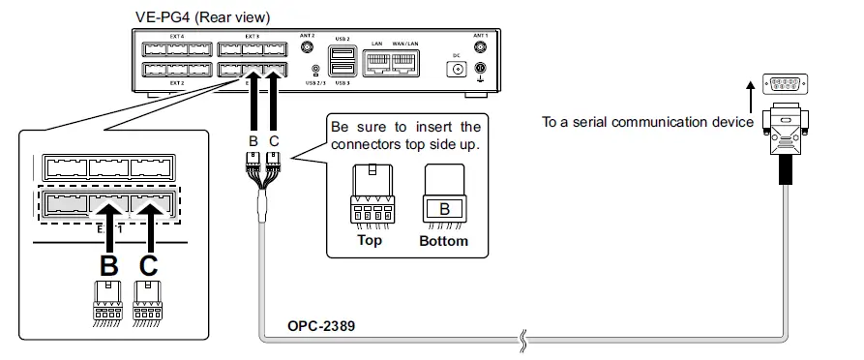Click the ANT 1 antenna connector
point(480,45)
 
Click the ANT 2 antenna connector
point(307,45)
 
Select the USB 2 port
point(341,54)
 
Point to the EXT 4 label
point(177,37)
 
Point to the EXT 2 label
point(177,84)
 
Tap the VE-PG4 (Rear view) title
point(203,16)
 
